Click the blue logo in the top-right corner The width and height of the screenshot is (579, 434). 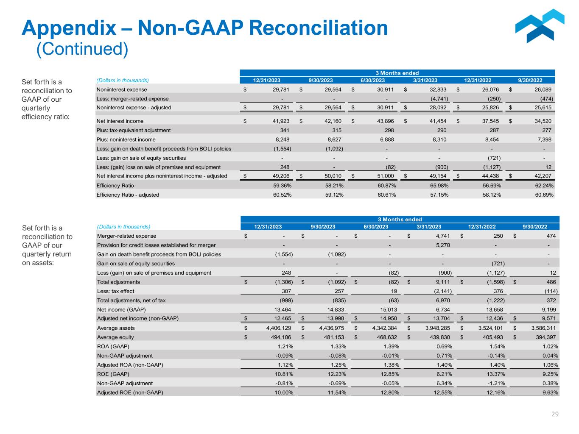(x=540, y=26)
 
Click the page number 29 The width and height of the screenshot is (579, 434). (x=555, y=414)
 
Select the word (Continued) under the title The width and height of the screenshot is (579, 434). (x=82, y=49)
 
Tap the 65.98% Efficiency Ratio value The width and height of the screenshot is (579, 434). (x=437, y=186)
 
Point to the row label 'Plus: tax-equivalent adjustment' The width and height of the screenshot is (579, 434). (x=134, y=130)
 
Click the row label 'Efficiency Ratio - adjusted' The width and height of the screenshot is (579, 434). (x=128, y=195)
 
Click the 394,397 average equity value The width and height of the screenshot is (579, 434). (x=542, y=337)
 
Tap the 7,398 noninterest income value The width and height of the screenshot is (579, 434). (x=545, y=139)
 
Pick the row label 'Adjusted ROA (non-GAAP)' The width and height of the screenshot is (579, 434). (x=130, y=365)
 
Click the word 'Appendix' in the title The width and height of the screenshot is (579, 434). (x=68, y=28)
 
